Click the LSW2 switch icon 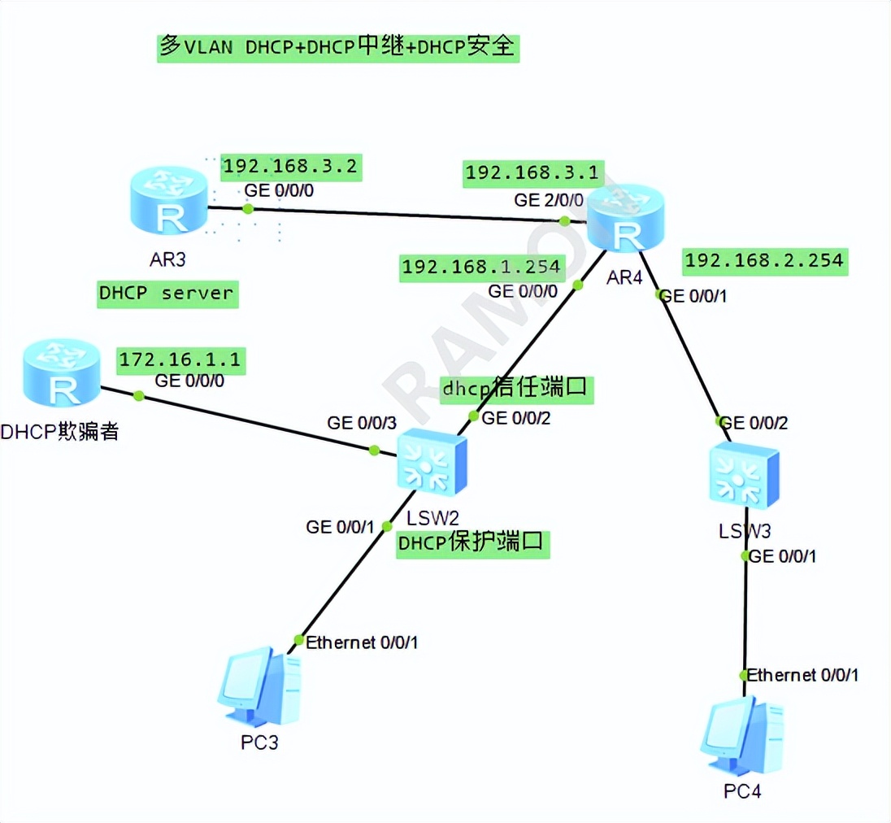[x=432, y=462]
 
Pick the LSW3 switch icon [x=743, y=477]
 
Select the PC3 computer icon [x=259, y=687]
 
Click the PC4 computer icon [x=742, y=735]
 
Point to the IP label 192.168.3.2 [x=290, y=167]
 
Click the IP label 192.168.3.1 [x=532, y=172]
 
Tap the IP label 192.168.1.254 [x=481, y=267]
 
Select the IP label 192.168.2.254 [x=764, y=261]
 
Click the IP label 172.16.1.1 [x=181, y=359]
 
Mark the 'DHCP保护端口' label [x=472, y=542]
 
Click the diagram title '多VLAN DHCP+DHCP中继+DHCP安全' [x=337, y=47]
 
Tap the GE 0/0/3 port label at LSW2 [x=362, y=423]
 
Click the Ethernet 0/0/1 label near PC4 [x=802, y=675]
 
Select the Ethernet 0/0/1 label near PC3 [x=362, y=642]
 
